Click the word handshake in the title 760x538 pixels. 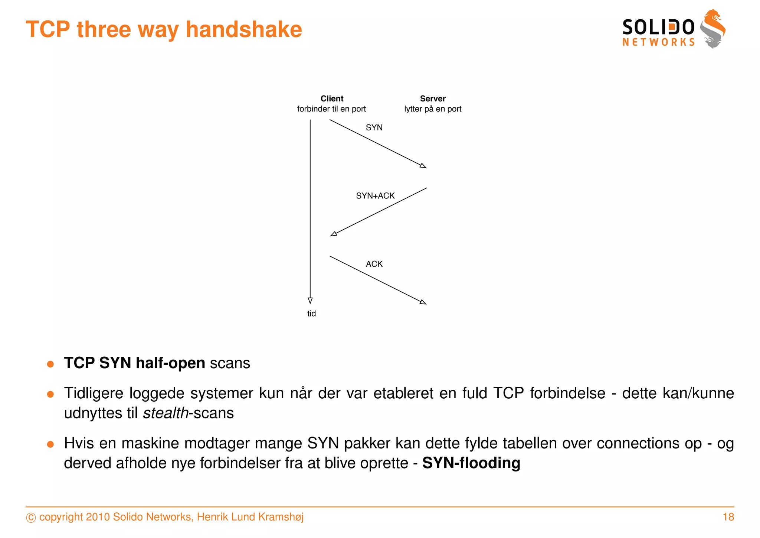[244, 29]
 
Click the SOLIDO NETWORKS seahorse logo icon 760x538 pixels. [713, 29]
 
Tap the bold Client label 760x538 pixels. [332, 98]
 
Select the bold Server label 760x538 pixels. [433, 98]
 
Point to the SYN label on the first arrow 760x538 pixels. [374, 127]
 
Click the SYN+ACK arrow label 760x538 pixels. [375, 196]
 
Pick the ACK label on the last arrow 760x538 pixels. [374, 264]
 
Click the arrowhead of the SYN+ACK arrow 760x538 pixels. [334, 234]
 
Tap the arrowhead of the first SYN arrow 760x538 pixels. [423, 166]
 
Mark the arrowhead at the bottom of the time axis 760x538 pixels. [310, 301]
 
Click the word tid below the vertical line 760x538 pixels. [311, 314]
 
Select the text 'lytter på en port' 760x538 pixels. [433, 109]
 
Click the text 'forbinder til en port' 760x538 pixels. [331, 109]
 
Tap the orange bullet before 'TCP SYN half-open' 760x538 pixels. [50, 364]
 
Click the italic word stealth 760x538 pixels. [166, 413]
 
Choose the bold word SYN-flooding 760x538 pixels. [471, 463]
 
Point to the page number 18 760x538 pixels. [728, 517]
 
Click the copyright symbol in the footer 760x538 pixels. [31, 518]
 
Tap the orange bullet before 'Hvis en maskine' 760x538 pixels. [50, 444]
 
